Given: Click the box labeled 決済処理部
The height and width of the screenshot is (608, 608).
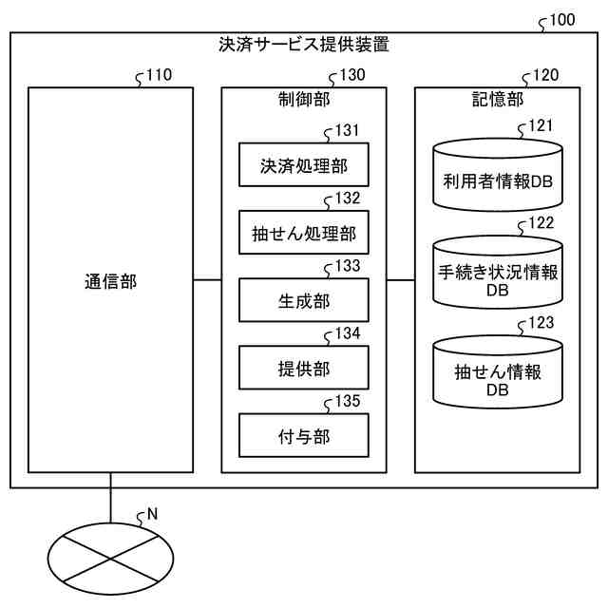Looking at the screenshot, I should pyautogui.click(x=303, y=167).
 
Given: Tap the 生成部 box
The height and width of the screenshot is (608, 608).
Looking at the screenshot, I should pyautogui.click(x=303, y=301).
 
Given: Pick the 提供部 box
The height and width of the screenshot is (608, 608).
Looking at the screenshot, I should pyautogui.click(x=303, y=369).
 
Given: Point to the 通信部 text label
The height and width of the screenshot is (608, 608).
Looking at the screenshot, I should pyautogui.click(x=110, y=282).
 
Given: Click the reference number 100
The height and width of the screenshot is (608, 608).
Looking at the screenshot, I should pyautogui.click(x=561, y=20).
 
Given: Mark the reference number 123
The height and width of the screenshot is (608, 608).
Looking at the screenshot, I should pyautogui.click(x=541, y=324).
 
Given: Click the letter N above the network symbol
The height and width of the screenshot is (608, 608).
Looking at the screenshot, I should pyautogui.click(x=152, y=514).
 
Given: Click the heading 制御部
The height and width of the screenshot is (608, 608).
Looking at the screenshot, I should pyautogui.click(x=304, y=99).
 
